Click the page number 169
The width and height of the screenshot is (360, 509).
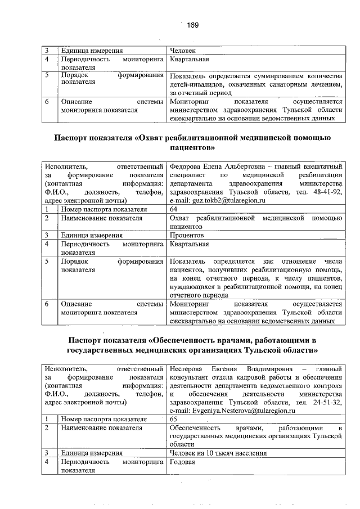[x=193, y=24]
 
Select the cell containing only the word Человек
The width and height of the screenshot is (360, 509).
[x=183, y=51]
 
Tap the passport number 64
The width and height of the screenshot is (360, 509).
[x=174, y=209]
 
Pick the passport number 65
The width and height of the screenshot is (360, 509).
[x=174, y=419]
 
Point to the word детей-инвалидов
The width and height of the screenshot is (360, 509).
[x=195, y=84]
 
